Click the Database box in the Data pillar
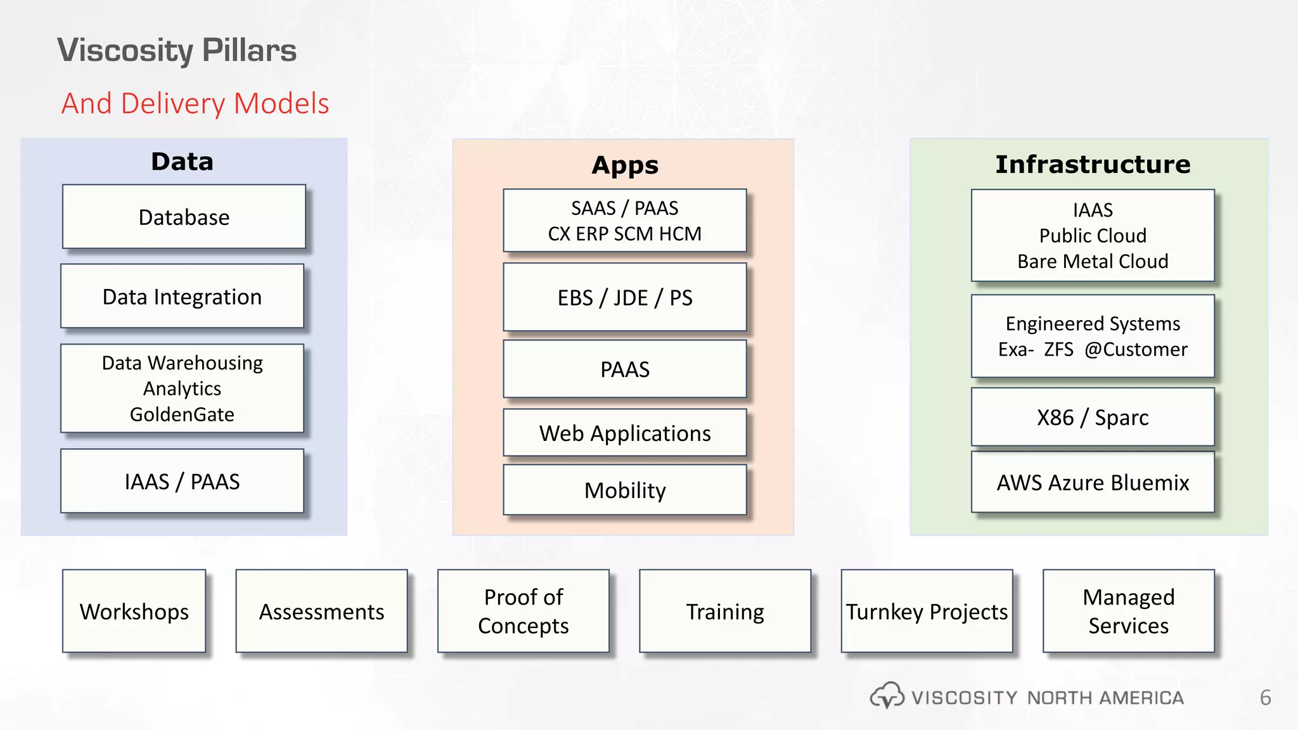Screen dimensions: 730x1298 click(x=184, y=217)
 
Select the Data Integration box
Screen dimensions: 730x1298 click(x=182, y=297)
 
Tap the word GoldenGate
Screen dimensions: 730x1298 click(x=182, y=414)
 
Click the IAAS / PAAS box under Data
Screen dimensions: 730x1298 click(x=182, y=482)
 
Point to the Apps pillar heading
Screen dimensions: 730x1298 click(x=625, y=165)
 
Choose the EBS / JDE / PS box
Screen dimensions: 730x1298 click(x=625, y=298)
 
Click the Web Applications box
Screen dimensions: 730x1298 click(x=625, y=433)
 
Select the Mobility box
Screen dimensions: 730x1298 click(x=625, y=490)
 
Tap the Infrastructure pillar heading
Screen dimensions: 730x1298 click(x=1093, y=165)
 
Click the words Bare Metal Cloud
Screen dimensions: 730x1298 click(x=1093, y=262)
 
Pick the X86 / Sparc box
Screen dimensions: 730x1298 click(x=1093, y=418)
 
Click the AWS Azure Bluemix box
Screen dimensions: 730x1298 click(x=1093, y=483)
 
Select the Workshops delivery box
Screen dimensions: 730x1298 click(x=134, y=612)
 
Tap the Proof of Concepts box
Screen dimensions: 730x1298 click(x=524, y=612)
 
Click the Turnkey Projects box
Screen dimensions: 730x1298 click(x=927, y=612)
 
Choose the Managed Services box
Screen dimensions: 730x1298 click(x=1128, y=612)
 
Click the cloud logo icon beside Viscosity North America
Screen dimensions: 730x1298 click(x=887, y=696)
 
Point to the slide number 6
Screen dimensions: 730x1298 click(x=1265, y=698)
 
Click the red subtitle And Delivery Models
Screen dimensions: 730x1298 click(x=195, y=103)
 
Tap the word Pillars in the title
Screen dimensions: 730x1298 click(x=250, y=51)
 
